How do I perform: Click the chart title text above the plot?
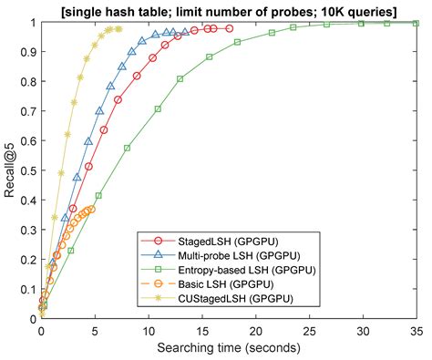[228, 9]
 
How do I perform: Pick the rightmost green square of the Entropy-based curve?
[416, 23]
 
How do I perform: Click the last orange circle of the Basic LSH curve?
[91, 209]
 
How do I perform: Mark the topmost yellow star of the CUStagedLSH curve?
[118, 28]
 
